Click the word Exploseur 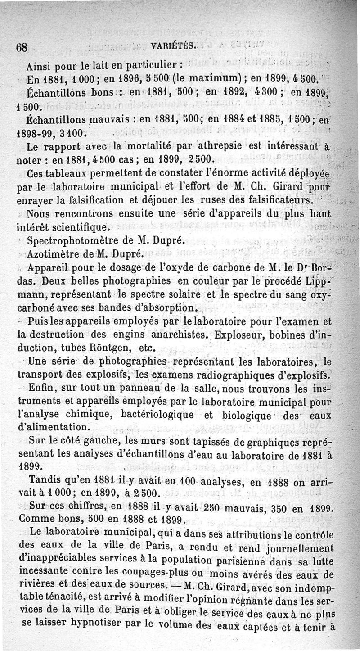pos(243,335)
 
